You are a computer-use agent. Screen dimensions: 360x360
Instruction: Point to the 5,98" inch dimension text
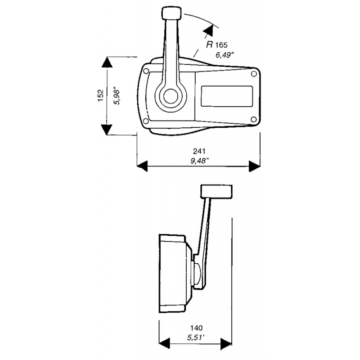pyautogui.click(x=118, y=96)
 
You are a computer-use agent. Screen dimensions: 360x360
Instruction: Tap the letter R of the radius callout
pyautogui.click(x=209, y=45)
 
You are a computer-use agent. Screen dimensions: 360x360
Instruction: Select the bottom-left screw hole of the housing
pyautogui.click(x=145, y=121)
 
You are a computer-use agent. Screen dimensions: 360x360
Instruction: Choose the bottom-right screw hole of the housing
pyautogui.click(x=253, y=119)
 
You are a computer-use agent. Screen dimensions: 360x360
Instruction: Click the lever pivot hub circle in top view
pyautogui.click(x=170, y=96)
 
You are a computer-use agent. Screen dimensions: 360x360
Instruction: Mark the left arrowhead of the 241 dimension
pyautogui.click(x=142, y=166)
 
